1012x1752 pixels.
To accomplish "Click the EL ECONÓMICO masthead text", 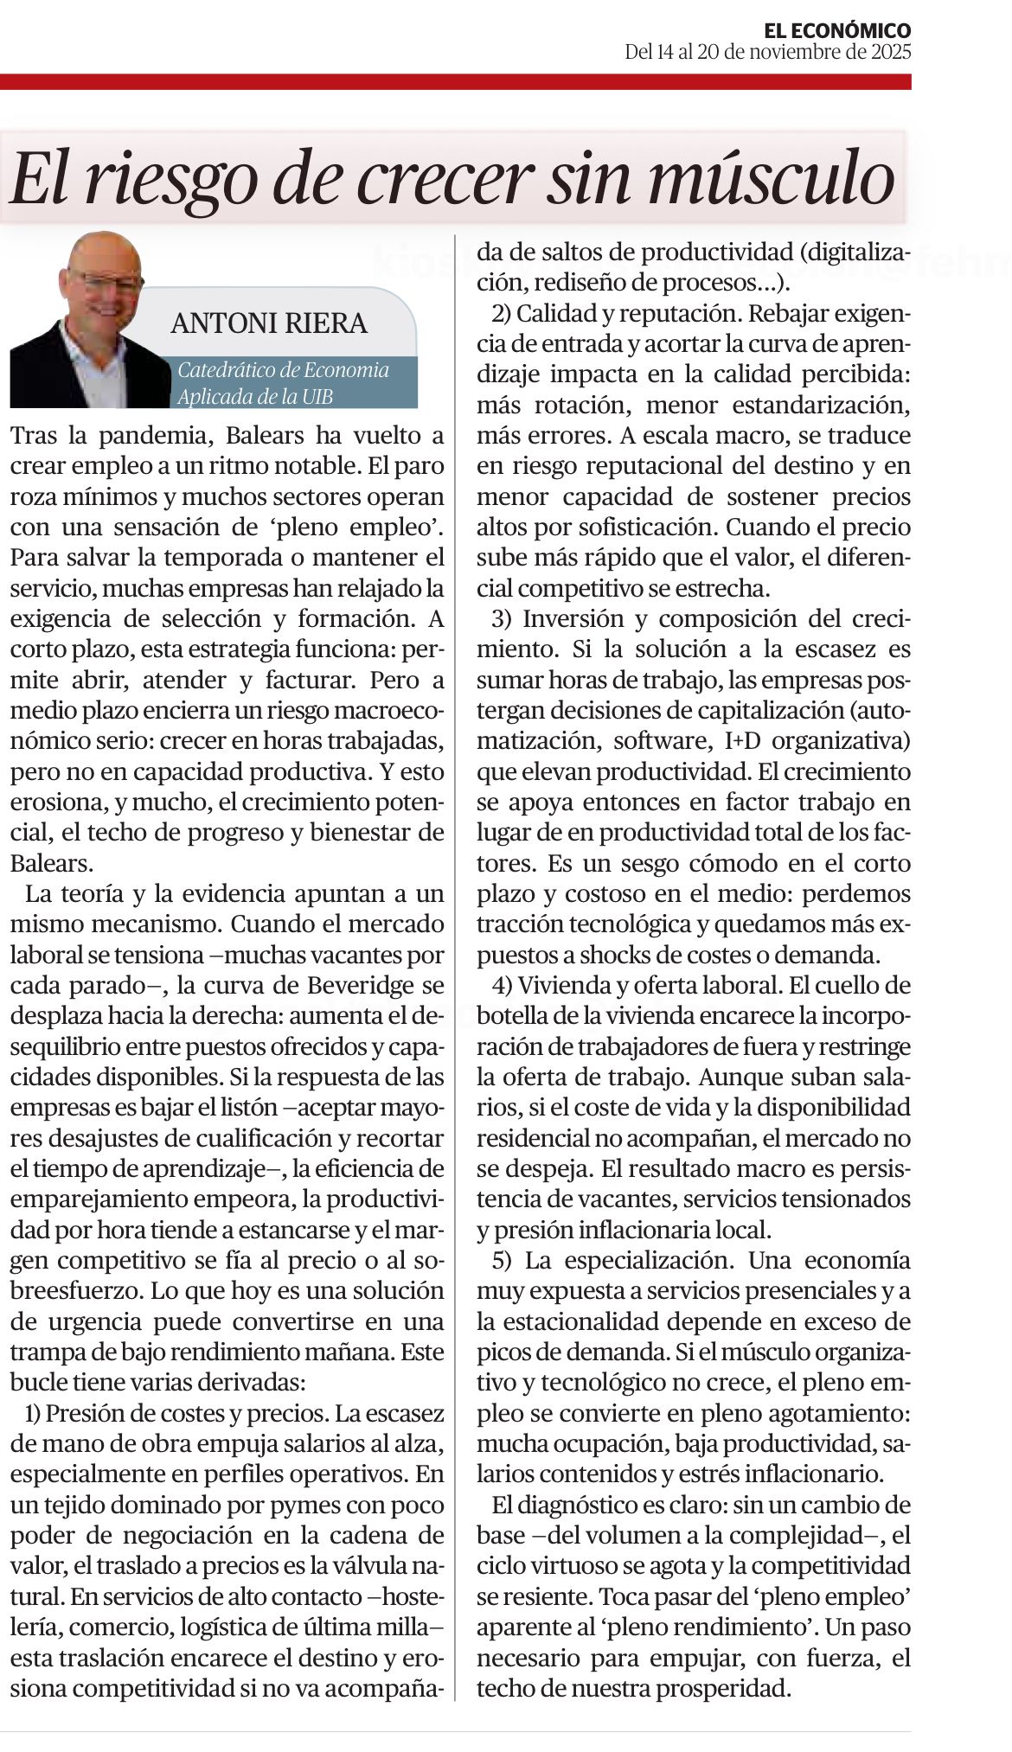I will coord(837,31).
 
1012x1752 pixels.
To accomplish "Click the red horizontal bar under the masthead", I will coord(455,82).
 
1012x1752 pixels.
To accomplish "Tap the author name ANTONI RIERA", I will coord(269,323).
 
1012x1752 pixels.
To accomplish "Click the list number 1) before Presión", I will coord(32,1414).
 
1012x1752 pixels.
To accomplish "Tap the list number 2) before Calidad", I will coord(501,312).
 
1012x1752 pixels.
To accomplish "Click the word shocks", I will coord(601,956).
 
